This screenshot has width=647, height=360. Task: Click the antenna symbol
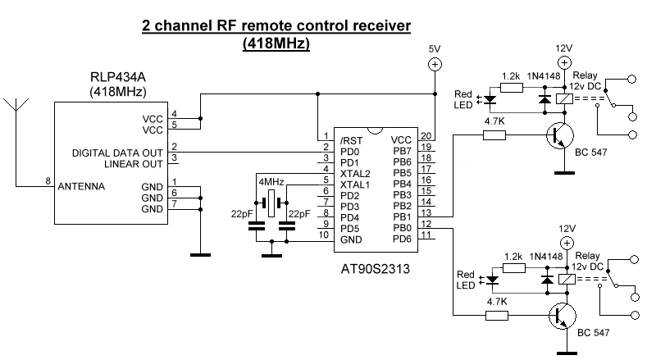(16, 105)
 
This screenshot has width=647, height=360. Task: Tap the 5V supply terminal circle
(435, 65)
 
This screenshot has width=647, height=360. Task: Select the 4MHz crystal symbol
(271, 203)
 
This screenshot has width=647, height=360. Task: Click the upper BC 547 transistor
(560, 135)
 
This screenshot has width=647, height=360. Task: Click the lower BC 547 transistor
(563, 316)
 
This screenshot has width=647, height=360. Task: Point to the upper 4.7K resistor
(494, 135)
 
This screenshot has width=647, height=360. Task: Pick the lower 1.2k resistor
(514, 268)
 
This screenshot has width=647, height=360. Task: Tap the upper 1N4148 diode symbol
(545, 99)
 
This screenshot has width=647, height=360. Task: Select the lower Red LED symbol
(491, 280)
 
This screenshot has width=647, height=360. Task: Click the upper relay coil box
(564, 98)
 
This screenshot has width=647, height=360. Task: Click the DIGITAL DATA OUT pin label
(117, 153)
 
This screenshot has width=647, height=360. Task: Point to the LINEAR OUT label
(134, 164)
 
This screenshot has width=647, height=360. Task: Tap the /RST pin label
(351, 141)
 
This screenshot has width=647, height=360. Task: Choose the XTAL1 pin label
(355, 185)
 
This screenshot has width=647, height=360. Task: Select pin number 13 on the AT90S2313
(426, 212)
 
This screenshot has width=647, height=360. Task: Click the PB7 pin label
(402, 151)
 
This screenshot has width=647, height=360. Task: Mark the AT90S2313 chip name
(375, 269)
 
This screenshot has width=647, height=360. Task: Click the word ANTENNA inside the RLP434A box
(81, 186)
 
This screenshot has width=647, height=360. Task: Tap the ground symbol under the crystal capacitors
(271, 256)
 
